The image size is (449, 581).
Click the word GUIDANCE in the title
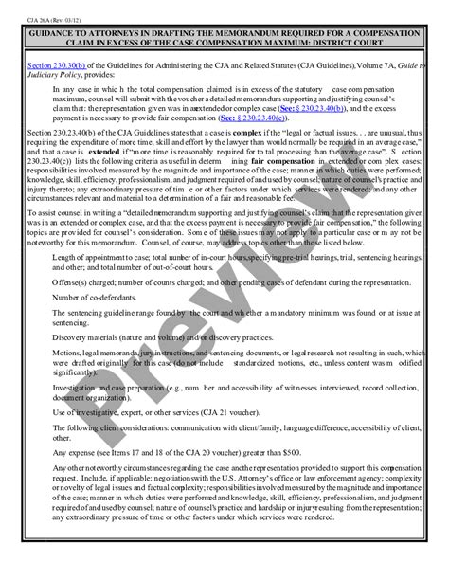point(56,31)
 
